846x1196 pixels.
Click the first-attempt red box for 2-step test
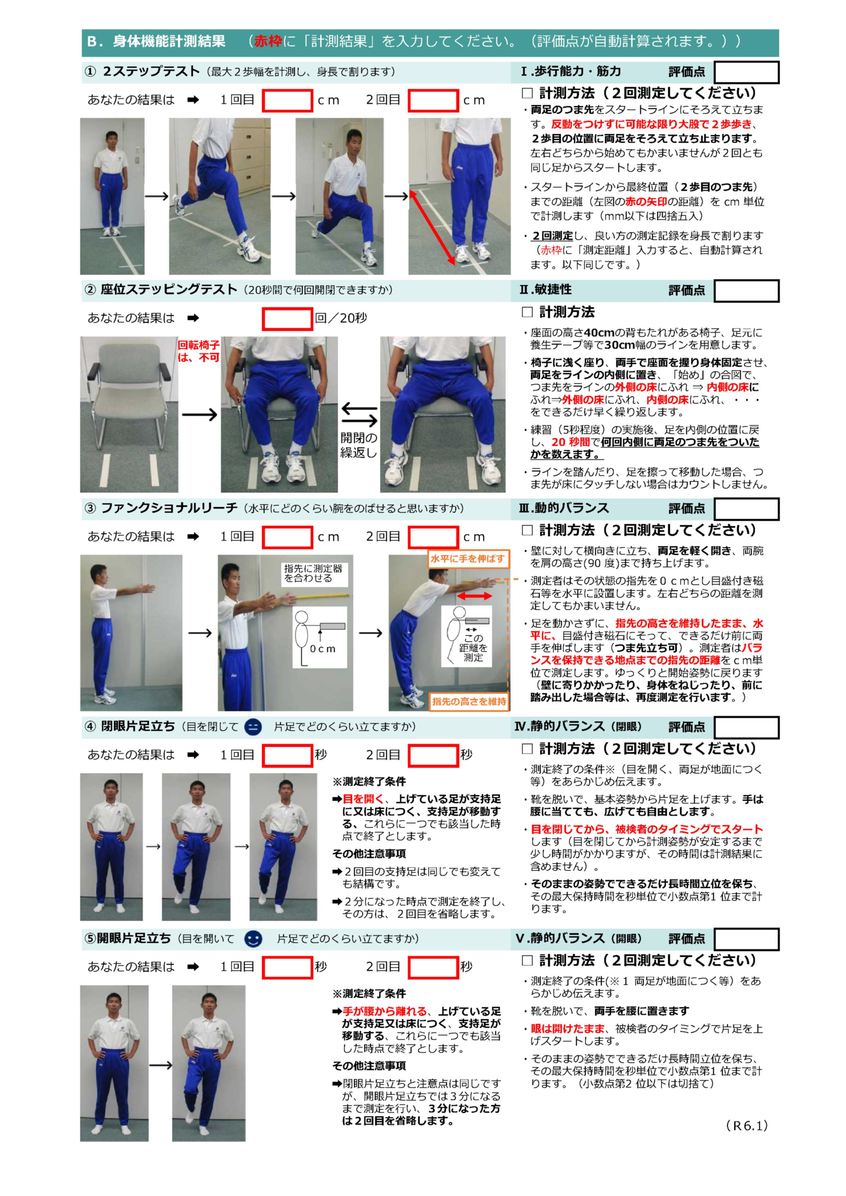click(287, 101)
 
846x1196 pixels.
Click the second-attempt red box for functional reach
click(433, 537)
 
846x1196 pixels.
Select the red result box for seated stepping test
click(287, 319)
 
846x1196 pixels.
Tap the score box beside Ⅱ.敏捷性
click(746, 291)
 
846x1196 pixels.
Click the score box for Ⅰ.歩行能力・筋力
click(746, 72)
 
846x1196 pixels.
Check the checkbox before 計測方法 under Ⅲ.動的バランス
click(527, 530)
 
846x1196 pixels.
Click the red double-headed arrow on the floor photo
click(432, 228)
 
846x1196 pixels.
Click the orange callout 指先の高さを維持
click(469, 701)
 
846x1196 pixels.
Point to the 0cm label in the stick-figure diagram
click(323, 649)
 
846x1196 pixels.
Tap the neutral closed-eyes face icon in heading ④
click(253, 726)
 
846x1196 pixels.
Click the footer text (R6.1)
click(746, 1126)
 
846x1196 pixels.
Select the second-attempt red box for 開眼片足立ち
click(433, 967)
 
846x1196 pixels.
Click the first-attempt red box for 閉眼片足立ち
click(287, 755)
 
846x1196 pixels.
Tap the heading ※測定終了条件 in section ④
click(369, 781)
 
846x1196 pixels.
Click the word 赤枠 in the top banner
click(268, 41)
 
